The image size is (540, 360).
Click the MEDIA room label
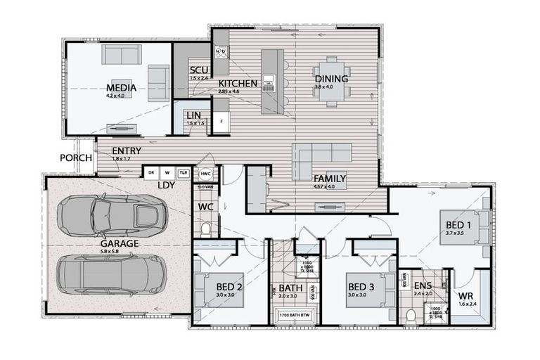click(121, 88)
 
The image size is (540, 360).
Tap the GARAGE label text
click(119, 244)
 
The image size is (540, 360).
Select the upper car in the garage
click(112, 216)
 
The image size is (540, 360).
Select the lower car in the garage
click(112, 274)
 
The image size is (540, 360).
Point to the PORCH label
click(76, 158)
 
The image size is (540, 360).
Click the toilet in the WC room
click(206, 229)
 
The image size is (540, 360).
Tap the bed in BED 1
click(464, 226)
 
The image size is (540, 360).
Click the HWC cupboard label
click(205, 173)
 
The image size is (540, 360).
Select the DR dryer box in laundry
click(150, 173)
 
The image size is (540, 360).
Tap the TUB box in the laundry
click(184, 173)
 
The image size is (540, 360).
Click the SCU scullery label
click(198, 70)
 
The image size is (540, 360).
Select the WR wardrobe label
click(466, 296)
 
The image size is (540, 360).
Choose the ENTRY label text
click(127, 150)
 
